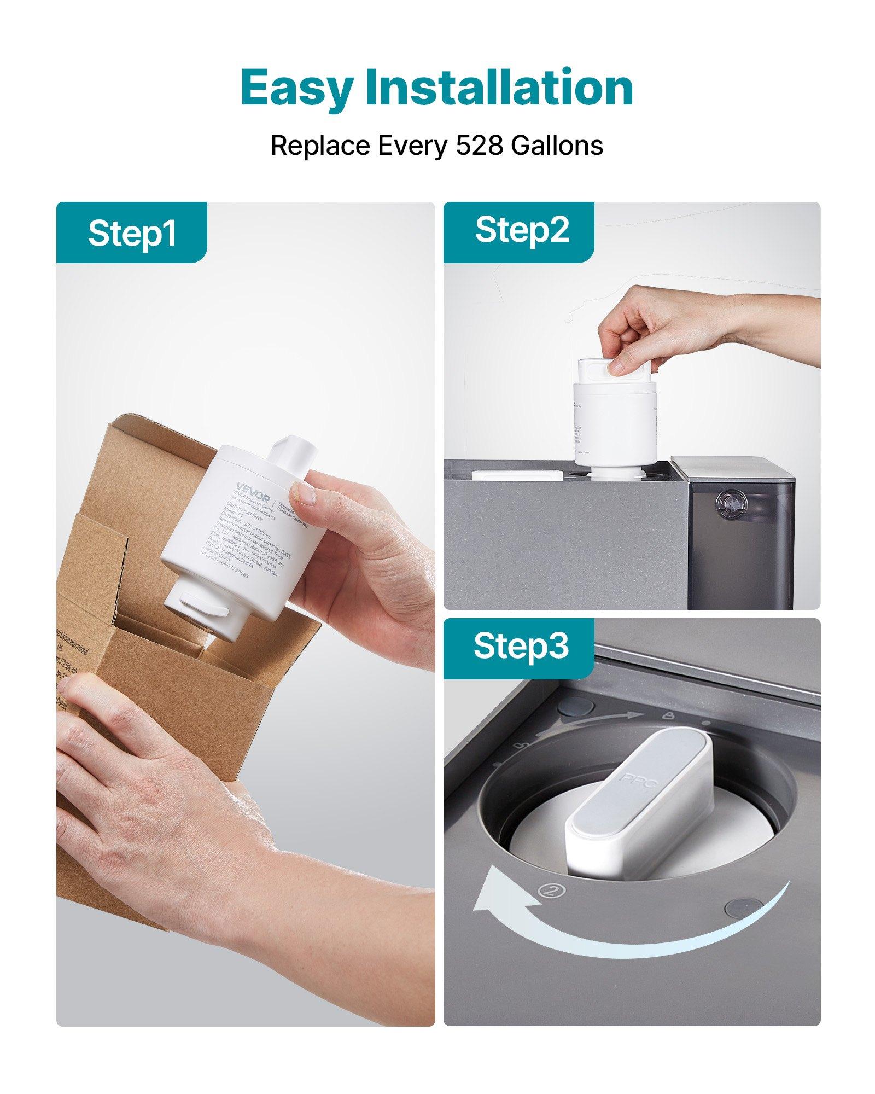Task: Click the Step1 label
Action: pyautogui.click(x=132, y=233)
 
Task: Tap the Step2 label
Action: pyautogui.click(x=522, y=230)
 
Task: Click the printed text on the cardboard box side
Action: pyautogui.click(x=71, y=673)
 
